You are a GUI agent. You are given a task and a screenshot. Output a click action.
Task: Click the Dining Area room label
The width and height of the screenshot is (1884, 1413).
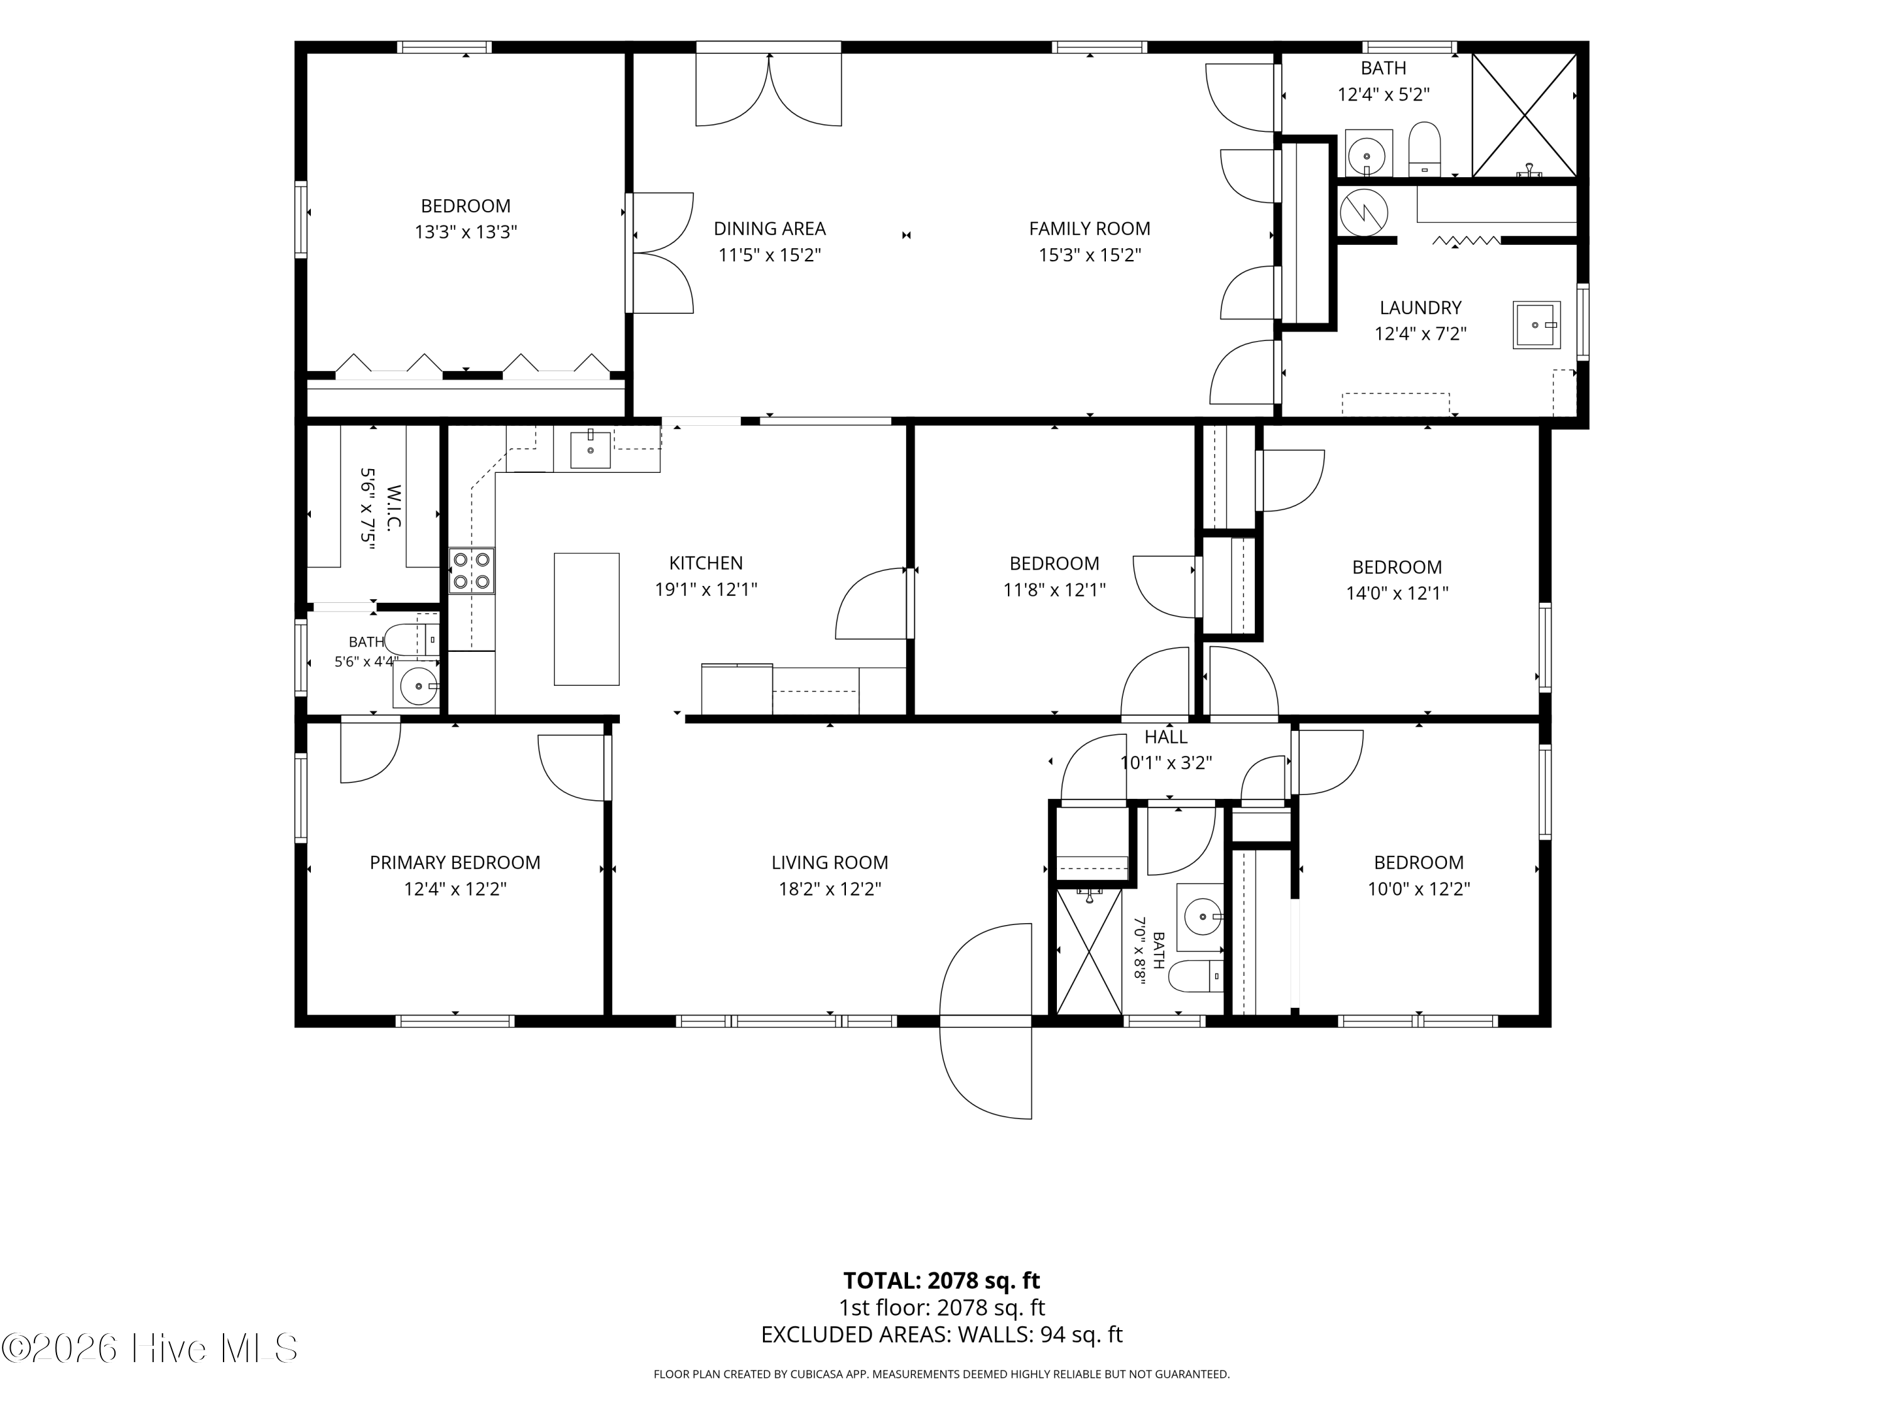pos(769,228)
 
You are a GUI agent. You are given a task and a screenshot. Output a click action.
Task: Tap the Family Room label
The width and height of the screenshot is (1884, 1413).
pos(1090,228)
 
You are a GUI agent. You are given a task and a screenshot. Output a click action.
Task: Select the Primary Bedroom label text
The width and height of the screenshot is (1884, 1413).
pos(455,862)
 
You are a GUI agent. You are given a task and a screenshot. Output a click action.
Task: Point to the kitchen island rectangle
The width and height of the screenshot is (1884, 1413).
pos(587,619)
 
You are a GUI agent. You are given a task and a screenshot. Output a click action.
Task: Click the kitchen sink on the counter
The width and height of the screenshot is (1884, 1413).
pos(590,450)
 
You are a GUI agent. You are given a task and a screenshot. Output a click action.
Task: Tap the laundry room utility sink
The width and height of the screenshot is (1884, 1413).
pos(1537,325)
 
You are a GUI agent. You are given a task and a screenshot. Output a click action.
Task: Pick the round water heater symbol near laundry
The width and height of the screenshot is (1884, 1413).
pos(1363,211)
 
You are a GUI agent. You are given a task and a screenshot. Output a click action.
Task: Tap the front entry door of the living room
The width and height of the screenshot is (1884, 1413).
pos(985,1021)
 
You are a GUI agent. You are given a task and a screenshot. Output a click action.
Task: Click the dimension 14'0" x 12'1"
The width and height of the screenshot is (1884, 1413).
pos(1397,593)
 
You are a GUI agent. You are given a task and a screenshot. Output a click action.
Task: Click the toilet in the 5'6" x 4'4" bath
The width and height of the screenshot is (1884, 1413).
pos(411,639)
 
